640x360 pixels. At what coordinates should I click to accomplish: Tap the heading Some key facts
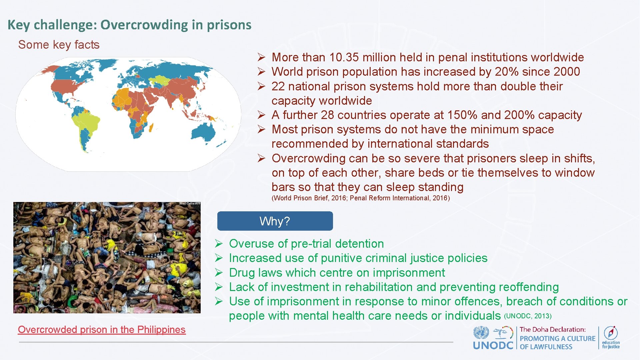click(x=59, y=45)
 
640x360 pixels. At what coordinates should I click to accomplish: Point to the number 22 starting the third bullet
click(x=278, y=86)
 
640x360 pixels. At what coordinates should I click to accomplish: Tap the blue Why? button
click(x=275, y=221)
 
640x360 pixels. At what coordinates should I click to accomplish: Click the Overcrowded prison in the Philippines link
click(x=102, y=330)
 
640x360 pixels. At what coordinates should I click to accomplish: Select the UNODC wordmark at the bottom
click(x=493, y=345)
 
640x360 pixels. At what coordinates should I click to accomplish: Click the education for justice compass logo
click(x=611, y=333)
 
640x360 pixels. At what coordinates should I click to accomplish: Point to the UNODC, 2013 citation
click(x=528, y=316)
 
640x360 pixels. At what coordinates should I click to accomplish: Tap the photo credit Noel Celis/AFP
click(x=190, y=204)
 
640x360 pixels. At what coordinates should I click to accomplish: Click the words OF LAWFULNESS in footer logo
click(x=546, y=347)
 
